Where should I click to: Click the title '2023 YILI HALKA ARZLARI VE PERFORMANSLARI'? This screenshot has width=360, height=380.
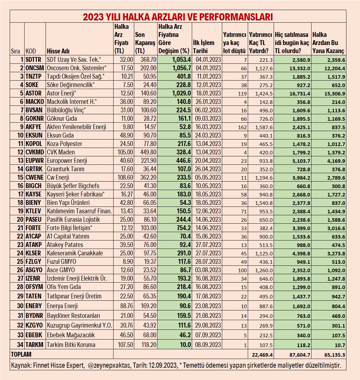[x=178, y=17]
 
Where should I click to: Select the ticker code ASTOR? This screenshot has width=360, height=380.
[x=34, y=93]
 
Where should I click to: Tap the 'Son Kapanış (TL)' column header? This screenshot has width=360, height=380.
[x=145, y=42]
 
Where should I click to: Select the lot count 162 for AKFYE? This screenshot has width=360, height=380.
[x=242, y=127]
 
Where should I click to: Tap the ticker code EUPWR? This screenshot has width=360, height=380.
[x=34, y=161]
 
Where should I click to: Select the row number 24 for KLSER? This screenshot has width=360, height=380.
[x=20, y=253]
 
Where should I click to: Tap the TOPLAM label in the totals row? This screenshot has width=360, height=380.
[x=21, y=354]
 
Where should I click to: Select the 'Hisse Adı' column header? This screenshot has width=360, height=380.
[x=58, y=51]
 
